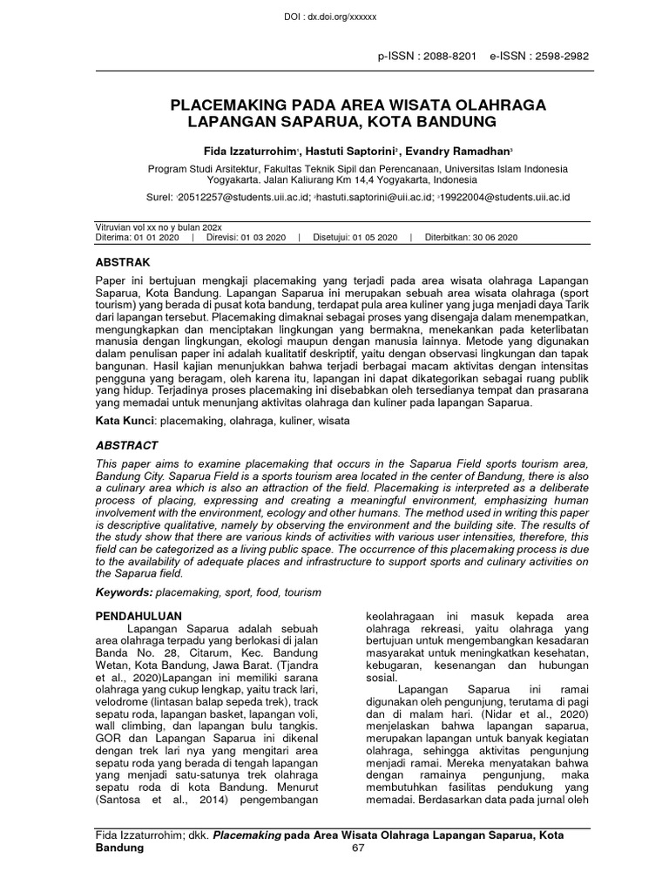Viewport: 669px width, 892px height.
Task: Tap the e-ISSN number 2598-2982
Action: point(558,56)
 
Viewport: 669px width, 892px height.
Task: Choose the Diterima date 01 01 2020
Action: point(158,237)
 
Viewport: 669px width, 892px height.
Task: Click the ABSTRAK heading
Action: point(122,261)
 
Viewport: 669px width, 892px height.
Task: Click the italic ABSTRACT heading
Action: point(126,445)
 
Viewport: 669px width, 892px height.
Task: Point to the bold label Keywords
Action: point(123,592)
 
